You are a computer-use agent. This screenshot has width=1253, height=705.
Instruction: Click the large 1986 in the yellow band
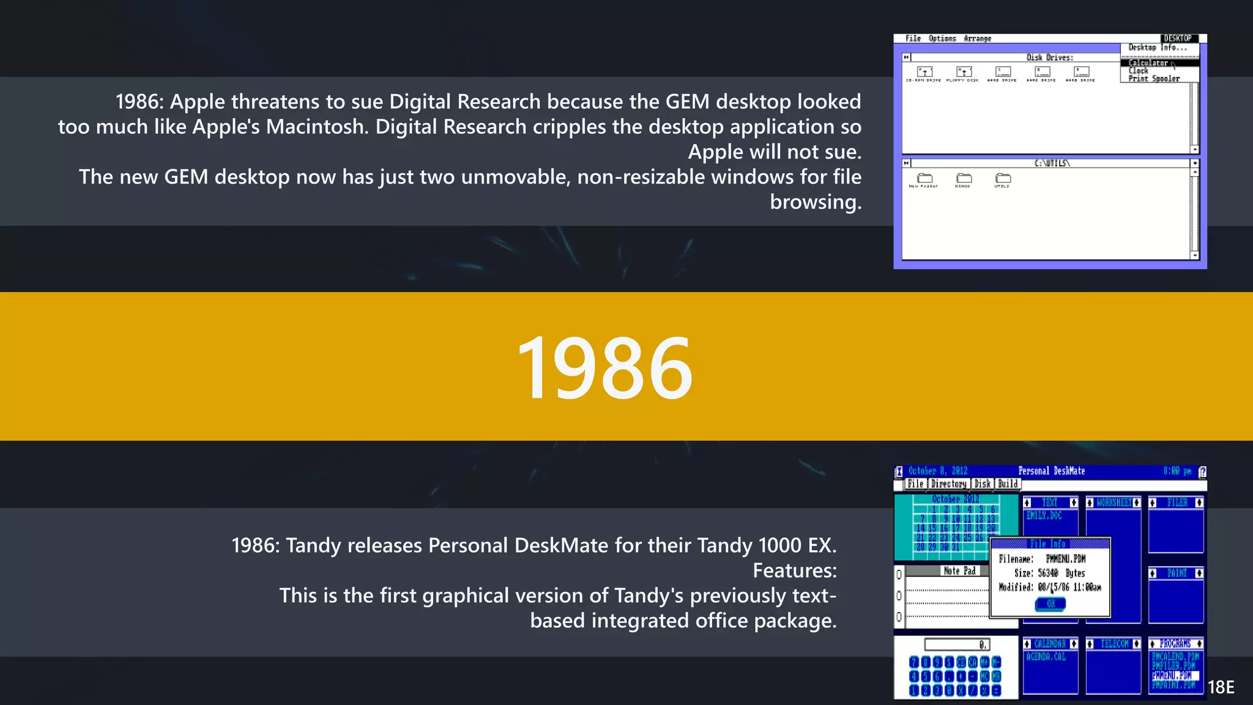[x=604, y=368]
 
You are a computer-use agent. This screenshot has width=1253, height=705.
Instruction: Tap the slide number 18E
[x=1221, y=687]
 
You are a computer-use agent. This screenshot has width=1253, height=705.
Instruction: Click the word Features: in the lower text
[x=794, y=570]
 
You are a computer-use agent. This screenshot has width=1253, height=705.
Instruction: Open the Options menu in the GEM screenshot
[x=942, y=39]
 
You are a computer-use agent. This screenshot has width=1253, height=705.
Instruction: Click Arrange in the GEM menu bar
[x=977, y=39]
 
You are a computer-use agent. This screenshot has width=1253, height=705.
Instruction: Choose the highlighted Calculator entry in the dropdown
[x=1148, y=63]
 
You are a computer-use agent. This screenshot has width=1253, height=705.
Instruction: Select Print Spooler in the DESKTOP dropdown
[x=1154, y=78]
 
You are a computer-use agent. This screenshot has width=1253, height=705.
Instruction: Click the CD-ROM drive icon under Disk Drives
[x=924, y=73]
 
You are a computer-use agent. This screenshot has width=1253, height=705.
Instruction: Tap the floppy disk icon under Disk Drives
[x=963, y=73]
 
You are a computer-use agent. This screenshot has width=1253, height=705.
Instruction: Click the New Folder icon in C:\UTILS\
[x=924, y=179]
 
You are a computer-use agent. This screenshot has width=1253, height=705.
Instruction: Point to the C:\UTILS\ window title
[x=1052, y=163]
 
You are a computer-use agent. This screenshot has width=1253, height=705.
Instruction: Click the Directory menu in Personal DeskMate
[x=948, y=484]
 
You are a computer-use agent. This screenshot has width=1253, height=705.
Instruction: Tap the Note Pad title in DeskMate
[x=959, y=571]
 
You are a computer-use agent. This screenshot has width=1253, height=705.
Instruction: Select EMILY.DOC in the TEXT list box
[x=1044, y=516]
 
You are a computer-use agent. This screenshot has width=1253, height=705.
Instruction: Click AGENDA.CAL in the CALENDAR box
[x=1046, y=657]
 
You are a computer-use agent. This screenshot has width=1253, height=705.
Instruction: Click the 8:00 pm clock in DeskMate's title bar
[x=1177, y=471]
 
